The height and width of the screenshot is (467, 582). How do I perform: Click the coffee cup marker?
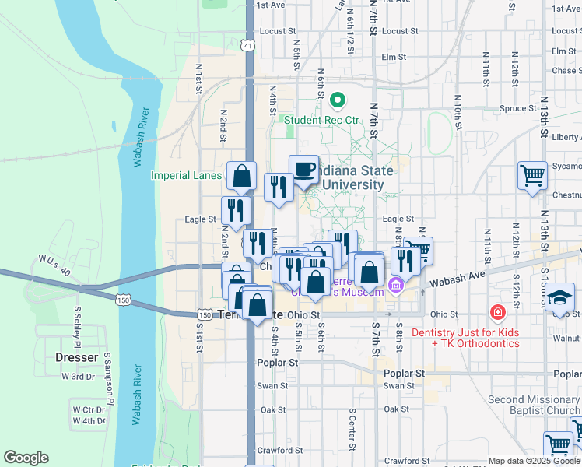[x=303, y=169]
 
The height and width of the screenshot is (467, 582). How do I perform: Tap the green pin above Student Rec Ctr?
[x=338, y=100]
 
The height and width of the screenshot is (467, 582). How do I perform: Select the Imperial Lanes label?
[x=187, y=175]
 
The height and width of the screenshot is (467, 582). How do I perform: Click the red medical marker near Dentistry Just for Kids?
[x=496, y=313]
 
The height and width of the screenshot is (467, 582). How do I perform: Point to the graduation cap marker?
[x=559, y=298]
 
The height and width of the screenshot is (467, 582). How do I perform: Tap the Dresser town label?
[x=77, y=358]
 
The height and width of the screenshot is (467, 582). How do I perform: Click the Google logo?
[x=26, y=458]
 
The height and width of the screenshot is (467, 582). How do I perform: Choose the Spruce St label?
[x=514, y=108]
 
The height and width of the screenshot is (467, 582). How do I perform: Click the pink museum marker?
[x=396, y=286]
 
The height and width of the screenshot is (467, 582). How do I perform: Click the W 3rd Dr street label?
[x=78, y=377]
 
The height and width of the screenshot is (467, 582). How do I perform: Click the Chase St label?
[x=563, y=71]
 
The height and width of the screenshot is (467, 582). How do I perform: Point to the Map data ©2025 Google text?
[x=533, y=461]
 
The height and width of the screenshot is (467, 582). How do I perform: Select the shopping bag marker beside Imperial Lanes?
[x=242, y=176]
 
